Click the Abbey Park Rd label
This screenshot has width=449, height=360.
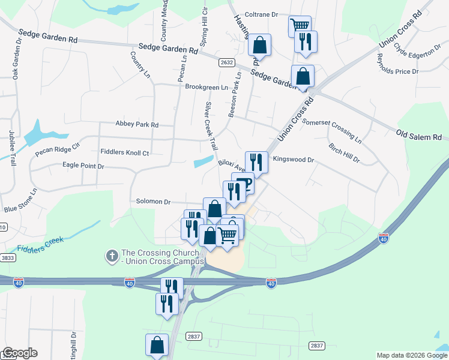137,125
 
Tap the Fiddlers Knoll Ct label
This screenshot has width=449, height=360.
125,153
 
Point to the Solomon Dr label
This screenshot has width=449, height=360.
154,202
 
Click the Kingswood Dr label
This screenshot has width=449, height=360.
294,160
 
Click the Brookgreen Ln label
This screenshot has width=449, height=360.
206,87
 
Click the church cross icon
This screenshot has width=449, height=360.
111,256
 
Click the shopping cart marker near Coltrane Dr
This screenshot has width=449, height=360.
300,25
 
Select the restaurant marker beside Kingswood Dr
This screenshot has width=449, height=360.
256,161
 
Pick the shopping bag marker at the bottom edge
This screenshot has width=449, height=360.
157,344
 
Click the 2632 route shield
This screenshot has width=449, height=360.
226,62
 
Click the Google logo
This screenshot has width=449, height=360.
19,353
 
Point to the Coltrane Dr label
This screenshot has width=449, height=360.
263,14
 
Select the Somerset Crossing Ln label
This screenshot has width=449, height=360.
332,131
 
